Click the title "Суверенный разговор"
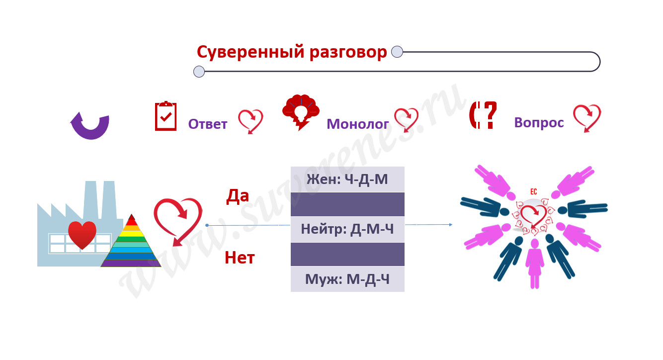pyautogui.click(x=292, y=52)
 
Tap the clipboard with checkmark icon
pyautogui.click(x=166, y=116)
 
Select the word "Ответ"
pyautogui.click(x=208, y=124)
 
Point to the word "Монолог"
pyautogui.click(x=357, y=124)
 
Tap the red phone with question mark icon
pyautogui.click(x=483, y=115)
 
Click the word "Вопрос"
pyautogui.click(x=539, y=122)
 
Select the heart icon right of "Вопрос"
pyautogui.click(x=587, y=117)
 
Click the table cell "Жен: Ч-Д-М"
pyautogui.click(x=347, y=180)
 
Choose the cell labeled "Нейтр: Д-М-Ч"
pyautogui.click(x=347, y=229)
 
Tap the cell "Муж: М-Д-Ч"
pyautogui.click(x=347, y=279)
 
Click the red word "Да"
pyautogui.click(x=238, y=196)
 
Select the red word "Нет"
pyautogui.click(x=240, y=258)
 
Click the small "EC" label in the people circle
pyautogui.click(x=534, y=191)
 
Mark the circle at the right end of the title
pyautogui.click(x=397, y=52)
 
